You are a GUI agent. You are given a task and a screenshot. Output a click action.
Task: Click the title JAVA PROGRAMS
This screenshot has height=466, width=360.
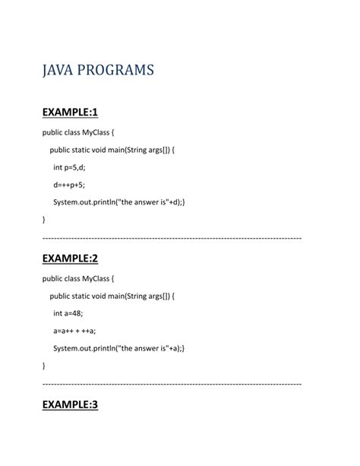click(x=98, y=71)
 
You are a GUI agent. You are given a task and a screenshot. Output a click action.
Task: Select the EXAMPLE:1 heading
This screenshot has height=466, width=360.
click(x=71, y=113)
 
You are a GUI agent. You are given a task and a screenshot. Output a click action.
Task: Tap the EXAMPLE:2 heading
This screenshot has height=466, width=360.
click(x=71, y=258)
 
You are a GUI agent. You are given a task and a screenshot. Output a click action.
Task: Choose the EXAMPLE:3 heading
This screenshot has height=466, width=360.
click(x=71, y=404)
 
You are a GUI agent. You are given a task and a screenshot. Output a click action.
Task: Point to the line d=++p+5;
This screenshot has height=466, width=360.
click(x=69, y=184)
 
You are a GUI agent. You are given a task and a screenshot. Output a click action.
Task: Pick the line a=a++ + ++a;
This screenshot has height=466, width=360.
click(x=74, y=330)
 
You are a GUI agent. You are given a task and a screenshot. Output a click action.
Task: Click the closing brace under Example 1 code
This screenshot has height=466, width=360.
click(x=44, y=220)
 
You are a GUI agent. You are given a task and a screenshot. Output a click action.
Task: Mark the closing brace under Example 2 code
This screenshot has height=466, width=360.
click(x=44, y=366)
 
